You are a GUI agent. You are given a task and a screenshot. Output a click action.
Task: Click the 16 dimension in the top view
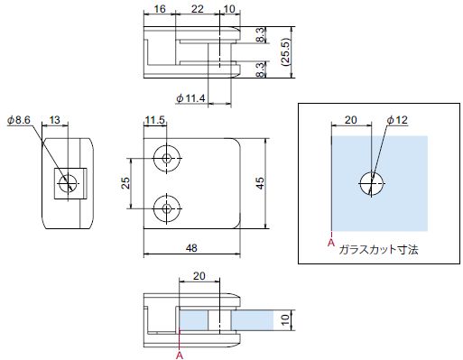(x=160, y=9)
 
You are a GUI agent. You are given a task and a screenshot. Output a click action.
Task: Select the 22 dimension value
(x=198, y=9)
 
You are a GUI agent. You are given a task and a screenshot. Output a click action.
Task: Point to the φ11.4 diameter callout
(x=190, y=98)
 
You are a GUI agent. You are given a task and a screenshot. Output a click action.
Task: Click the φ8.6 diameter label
(x=19, y=120)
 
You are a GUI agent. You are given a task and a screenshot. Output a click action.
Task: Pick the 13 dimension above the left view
(x=54, y=120)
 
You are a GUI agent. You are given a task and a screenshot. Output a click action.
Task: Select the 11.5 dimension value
(x=155, y=120)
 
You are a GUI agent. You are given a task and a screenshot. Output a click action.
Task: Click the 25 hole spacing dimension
(x=125, y=183)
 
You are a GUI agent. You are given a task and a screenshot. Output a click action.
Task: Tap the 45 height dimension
(x=260, y=183)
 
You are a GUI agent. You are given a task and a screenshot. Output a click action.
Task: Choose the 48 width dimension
(x=191, y=248)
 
